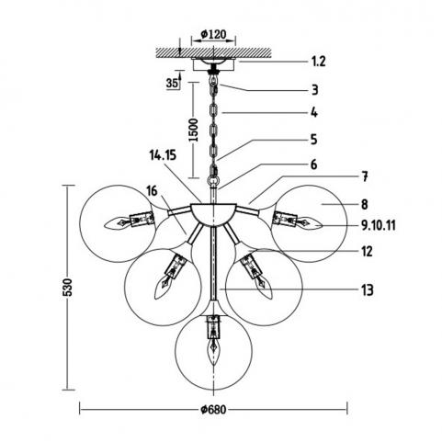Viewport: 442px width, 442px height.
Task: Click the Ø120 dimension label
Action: (213, 34)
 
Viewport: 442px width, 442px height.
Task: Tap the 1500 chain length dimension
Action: (193, 130)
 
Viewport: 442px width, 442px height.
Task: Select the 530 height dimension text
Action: (67, 287)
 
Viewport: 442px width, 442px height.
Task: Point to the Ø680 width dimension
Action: (213, 410)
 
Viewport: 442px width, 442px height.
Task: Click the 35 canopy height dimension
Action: (172, 83)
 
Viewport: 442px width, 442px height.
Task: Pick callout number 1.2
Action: (319, 62)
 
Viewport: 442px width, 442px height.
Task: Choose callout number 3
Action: (315, 90)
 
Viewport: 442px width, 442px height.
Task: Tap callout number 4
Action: (314, 113)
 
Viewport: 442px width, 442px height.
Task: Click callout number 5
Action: (314, 140)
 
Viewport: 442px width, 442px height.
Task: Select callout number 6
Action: (314, 164)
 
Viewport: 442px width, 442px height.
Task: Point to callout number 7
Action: (365, 176)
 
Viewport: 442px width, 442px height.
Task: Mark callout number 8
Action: (365, 204)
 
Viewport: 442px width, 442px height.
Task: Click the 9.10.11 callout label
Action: (379, 226)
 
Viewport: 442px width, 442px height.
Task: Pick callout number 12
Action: (367, 252)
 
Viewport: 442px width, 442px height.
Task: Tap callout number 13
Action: (368, 289)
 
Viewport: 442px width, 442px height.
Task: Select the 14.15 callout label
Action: (163, 155)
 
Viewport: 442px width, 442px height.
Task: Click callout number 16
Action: (152, 191)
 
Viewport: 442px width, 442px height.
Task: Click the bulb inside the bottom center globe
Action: (214, 351)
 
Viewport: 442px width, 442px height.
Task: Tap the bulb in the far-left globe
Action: (117, 223)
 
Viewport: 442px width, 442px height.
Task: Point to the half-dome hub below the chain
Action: (213, 214)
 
